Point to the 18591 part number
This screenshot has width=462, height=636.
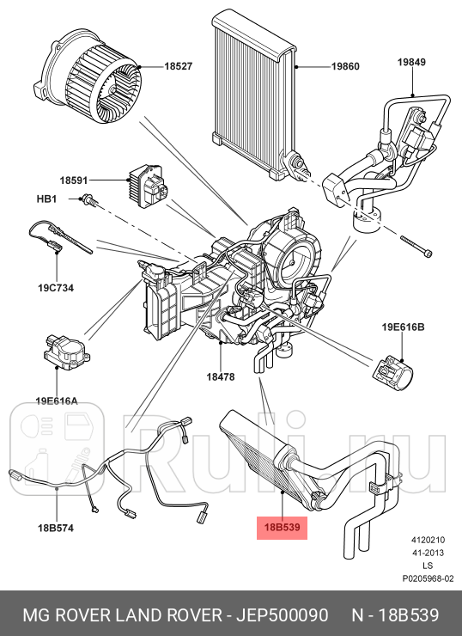coord(75,180)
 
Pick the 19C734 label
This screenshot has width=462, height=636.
coord(56,287)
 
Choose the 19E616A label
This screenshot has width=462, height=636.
coord(56,400)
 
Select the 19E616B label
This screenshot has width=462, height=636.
coord(404,327)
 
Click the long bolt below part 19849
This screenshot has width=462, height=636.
coord(416,246)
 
